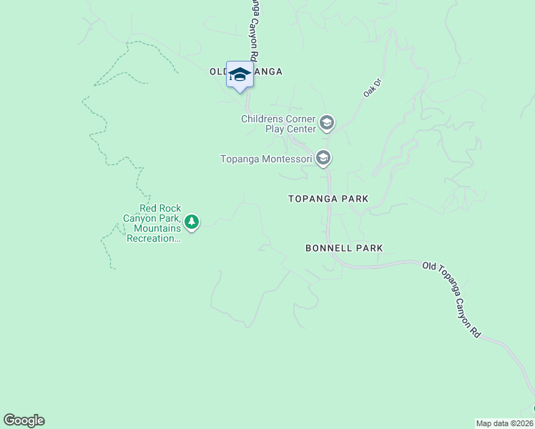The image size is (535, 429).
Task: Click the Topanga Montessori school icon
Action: [x=324, y=157]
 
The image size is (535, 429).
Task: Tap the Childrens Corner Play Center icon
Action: [x=327, y=124]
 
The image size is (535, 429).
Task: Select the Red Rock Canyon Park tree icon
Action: [x=191, y=222]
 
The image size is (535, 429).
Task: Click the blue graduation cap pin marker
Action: [x=240, y=75]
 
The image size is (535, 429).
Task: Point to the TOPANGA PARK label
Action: [x=328, y=199]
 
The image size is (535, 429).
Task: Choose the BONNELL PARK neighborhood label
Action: [x=344, y=248]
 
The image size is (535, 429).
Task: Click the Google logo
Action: [x=24, y=420]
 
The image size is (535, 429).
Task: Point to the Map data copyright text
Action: [x=505, y=423]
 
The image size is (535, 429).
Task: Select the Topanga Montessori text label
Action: [x=266, y=158]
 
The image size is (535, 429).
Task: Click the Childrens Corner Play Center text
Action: [x=278, y=124]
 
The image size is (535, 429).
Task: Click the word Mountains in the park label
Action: [x=156, y=228]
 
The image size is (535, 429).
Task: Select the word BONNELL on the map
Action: [x=327, y=248]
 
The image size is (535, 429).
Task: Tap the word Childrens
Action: [x=263, y=119]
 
